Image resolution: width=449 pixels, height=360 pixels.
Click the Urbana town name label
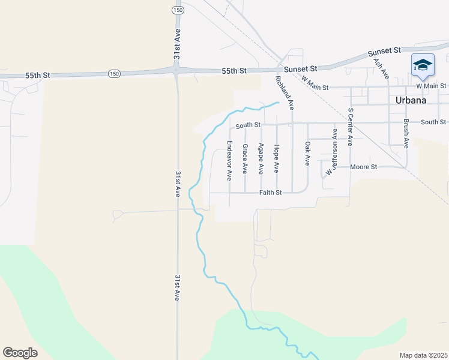(411, 101)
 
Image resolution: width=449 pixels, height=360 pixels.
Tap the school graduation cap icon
(423, 65)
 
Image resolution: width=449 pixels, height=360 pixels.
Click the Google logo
(20, 352)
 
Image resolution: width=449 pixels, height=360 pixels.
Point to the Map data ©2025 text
(423, 355)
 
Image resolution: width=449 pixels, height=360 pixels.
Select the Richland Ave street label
(284, 92)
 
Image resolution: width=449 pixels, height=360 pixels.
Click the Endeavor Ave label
(229, 160)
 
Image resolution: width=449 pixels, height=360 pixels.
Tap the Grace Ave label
(245, 159)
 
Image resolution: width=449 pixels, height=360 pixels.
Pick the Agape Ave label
(261, 159)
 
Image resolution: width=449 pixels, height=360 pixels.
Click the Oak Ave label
(307, 154)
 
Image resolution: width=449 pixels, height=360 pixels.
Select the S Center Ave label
(351, 127)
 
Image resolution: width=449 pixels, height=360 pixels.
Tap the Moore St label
(363, 167)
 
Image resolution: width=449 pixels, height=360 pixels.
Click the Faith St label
(270, 193)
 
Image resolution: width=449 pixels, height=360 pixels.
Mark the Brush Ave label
(406, 134)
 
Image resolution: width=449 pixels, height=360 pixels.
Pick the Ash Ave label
(381, 68)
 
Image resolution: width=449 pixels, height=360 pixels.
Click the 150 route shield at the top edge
(176, 11)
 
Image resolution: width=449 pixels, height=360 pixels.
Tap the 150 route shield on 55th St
(114, 73)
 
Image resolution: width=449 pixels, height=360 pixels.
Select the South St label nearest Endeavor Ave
(248, 125)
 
